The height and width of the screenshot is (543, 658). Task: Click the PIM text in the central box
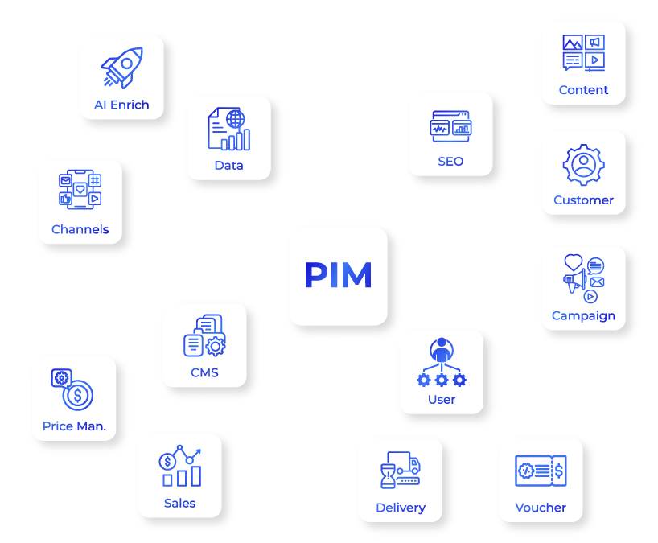[x=338, y=276]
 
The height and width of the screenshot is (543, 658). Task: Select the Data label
[x=228, y=166]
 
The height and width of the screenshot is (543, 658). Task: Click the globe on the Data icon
[x=235, y=119]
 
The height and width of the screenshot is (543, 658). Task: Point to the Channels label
[x=80, y=229]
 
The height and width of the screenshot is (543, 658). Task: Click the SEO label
[x=450, y=161]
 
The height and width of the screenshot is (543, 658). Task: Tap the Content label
[x=583, y=90]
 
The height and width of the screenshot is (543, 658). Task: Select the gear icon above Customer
[x=583, y=165]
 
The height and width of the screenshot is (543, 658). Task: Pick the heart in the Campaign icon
[x=573, y=262]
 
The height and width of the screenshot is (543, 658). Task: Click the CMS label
[x=204, y=372]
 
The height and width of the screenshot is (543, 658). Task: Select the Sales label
[x=179, y=503]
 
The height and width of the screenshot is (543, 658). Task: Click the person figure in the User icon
[x=441, y=350]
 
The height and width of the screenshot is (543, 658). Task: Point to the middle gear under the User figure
[x=442, y=380]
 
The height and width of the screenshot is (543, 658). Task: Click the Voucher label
[x=541, y=508]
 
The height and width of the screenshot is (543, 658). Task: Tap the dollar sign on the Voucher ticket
[x=559, y=469]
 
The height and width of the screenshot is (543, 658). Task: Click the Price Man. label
[x=74, y=426]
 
